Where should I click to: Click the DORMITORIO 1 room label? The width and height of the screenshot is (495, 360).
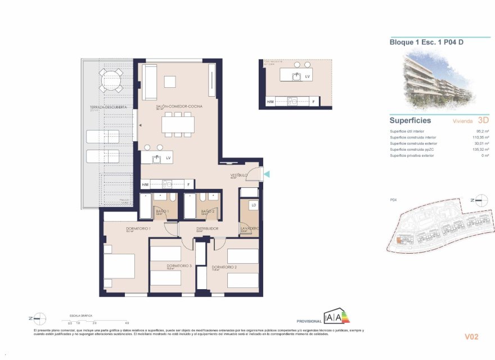click(x=122, y=229)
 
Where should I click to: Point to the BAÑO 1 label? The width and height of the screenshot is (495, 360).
click(x=162, y=211)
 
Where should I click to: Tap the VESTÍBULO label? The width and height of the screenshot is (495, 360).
click(x=238, y=175)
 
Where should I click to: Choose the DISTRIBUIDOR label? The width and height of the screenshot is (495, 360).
click(x=206, y=229)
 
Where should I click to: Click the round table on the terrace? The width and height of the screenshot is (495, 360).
click(x=111, y=80)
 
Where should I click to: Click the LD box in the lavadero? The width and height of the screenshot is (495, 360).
click(x=254, y=205)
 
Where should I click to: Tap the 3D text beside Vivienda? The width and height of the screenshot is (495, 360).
click(x=483, y=120)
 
